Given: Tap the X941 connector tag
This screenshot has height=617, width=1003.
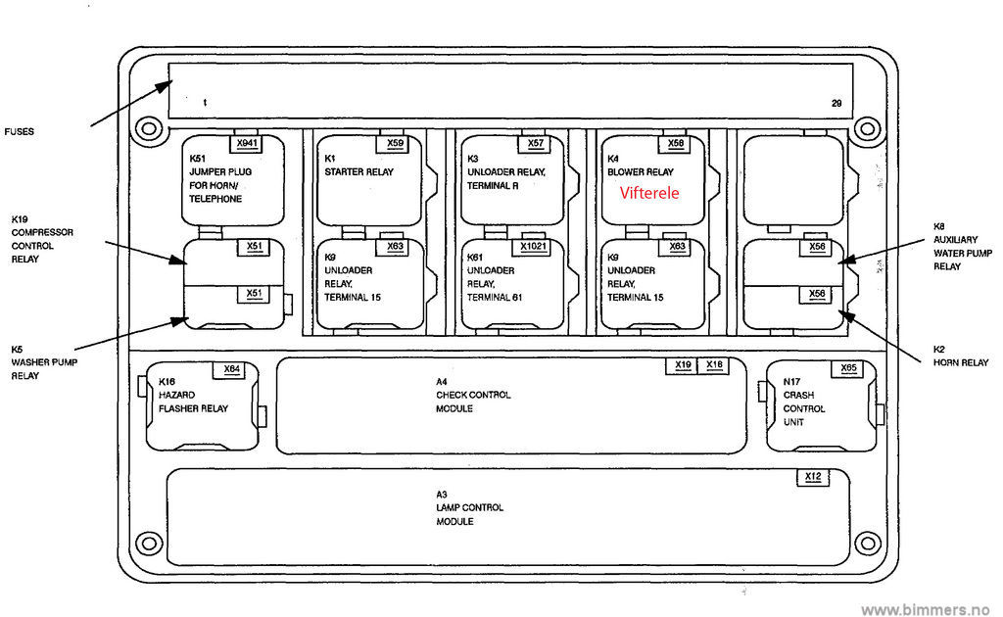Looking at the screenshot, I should pyautogui.click(x=247, y=144).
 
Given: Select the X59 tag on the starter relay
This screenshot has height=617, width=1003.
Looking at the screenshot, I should pyautogui.click(x=395, y=144).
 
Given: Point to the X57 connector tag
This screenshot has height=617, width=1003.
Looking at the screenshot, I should pyautogui.click(x=536, y=144).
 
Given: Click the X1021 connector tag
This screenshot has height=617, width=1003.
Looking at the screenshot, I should pyautogui.click(x=535, y=246).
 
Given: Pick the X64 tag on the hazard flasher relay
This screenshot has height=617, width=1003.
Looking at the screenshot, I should pyautogui.click(x=231, y=369).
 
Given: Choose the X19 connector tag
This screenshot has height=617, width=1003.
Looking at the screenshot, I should pyautogui.click(x=683, y=365).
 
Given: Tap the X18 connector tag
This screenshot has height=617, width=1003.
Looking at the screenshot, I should pyautogui.click(x=714, y=365).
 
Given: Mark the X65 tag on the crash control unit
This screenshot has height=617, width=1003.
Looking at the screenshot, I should pyautogui.click(x=849, y=368).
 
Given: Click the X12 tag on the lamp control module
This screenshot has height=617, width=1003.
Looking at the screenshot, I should pyautogui.click(x=812, y=477).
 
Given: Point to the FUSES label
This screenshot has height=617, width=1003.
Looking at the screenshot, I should pyautogui.click(x=20, y=131).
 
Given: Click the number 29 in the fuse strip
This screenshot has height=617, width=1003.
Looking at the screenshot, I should pyautogui.click(x=836, y=102).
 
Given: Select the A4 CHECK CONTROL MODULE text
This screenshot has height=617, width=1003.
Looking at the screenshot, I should pyautogui.click(x=473, y=395).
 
